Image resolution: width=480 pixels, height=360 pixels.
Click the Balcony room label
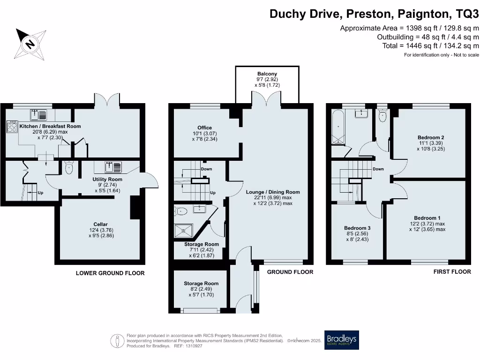[x=267, y=74]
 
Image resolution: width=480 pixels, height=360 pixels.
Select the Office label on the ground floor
[x=204, y=127]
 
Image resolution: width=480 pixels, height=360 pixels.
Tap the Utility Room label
[x=107, y=180]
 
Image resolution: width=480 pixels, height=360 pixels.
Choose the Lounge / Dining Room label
[x=273, y=192]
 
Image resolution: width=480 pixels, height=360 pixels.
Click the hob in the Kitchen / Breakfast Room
[x=11, y=127]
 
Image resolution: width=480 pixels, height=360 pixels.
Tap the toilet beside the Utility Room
[x=70, y=168]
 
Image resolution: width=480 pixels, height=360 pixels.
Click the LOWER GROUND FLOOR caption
[x=110, y=273]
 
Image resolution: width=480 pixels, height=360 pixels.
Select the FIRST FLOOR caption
[x=452, y=272]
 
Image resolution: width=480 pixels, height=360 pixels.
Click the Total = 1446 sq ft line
[x=431, y=45]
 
